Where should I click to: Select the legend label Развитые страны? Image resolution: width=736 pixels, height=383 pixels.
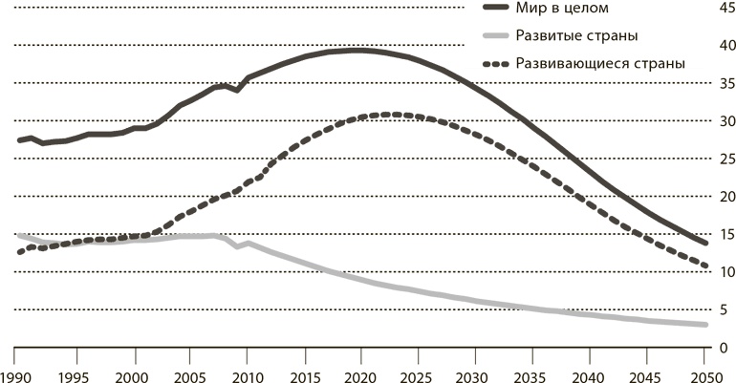point(576,35)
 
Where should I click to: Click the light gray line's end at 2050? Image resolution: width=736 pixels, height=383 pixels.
point(706,325)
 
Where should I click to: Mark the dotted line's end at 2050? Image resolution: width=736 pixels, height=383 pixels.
point(706,266)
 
